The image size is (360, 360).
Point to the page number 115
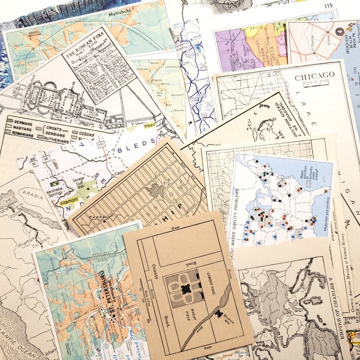point(328,6)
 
